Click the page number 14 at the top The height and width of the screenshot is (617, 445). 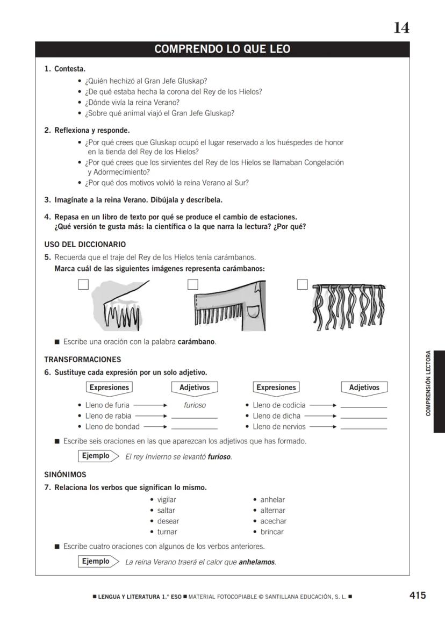tap(401, 28)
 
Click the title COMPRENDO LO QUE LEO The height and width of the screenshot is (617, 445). tap(222, 49)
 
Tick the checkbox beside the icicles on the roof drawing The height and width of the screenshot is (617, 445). tap(83, 285)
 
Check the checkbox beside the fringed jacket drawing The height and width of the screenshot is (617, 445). tap(193, 285)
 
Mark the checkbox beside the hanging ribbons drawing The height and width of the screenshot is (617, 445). tap(303, 285)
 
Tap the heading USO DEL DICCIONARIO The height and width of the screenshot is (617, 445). tap(85, 244)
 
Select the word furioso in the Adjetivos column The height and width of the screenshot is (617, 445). tap(195, 405)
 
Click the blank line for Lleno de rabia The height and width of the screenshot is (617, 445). tap(194, 417)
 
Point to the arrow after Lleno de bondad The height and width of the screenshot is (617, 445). tap(155, 427)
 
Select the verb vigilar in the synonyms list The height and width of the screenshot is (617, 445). tap(167, 500)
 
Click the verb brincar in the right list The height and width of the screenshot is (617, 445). tap(272, 532)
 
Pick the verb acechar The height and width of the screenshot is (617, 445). tap(274, 521)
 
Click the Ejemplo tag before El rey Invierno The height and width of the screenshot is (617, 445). tap(96, 456)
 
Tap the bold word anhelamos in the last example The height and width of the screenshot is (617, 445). tap(257, 562)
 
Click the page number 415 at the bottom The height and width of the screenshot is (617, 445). tap(417, 595)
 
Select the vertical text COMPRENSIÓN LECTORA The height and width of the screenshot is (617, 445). tap(428, 383)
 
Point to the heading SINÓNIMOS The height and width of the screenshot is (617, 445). tap(65, 475)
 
